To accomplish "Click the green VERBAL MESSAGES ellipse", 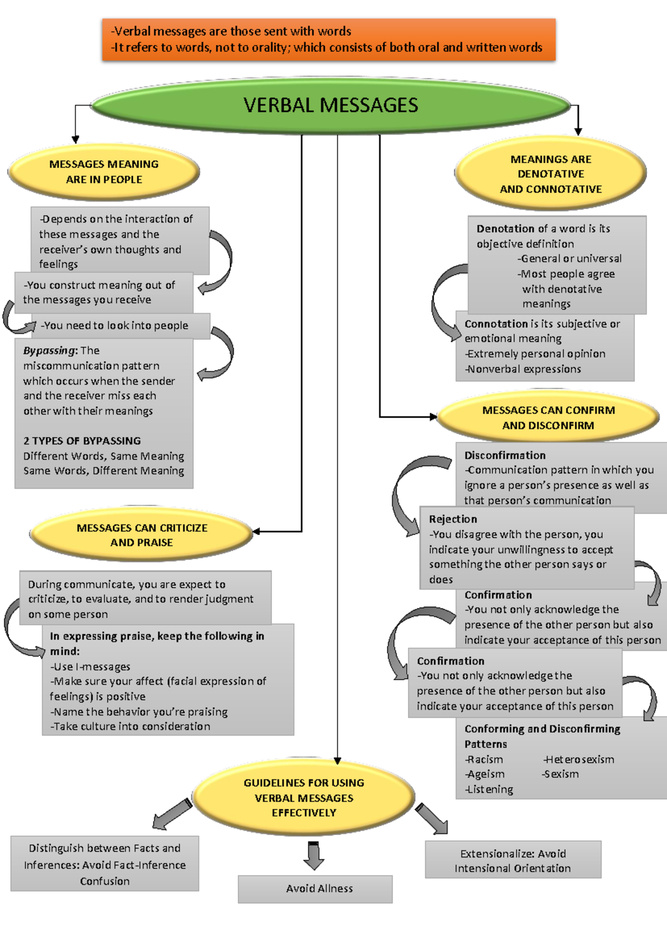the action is (x=331, y=105).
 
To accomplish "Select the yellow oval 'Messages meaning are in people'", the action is (x=103, y=172).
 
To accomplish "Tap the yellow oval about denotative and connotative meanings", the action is (x=550, y=173).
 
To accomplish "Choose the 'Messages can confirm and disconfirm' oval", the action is (x=548, y=417).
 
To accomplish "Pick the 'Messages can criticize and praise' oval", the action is (x=141, y=535).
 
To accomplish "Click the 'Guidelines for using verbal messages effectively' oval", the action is (x=304, y=797).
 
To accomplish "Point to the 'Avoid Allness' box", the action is (x=315, y=889).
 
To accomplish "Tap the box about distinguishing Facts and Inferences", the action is (x=105, y=863).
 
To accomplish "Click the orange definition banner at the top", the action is (x=328, y=39).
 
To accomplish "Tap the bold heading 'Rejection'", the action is (x=453, y=519).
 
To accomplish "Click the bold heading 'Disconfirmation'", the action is (x=505, y=455).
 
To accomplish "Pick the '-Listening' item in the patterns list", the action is (x=489, y=790).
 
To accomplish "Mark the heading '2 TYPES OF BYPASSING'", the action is (x=82, y=441).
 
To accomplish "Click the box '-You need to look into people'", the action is (x=121, y=325).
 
